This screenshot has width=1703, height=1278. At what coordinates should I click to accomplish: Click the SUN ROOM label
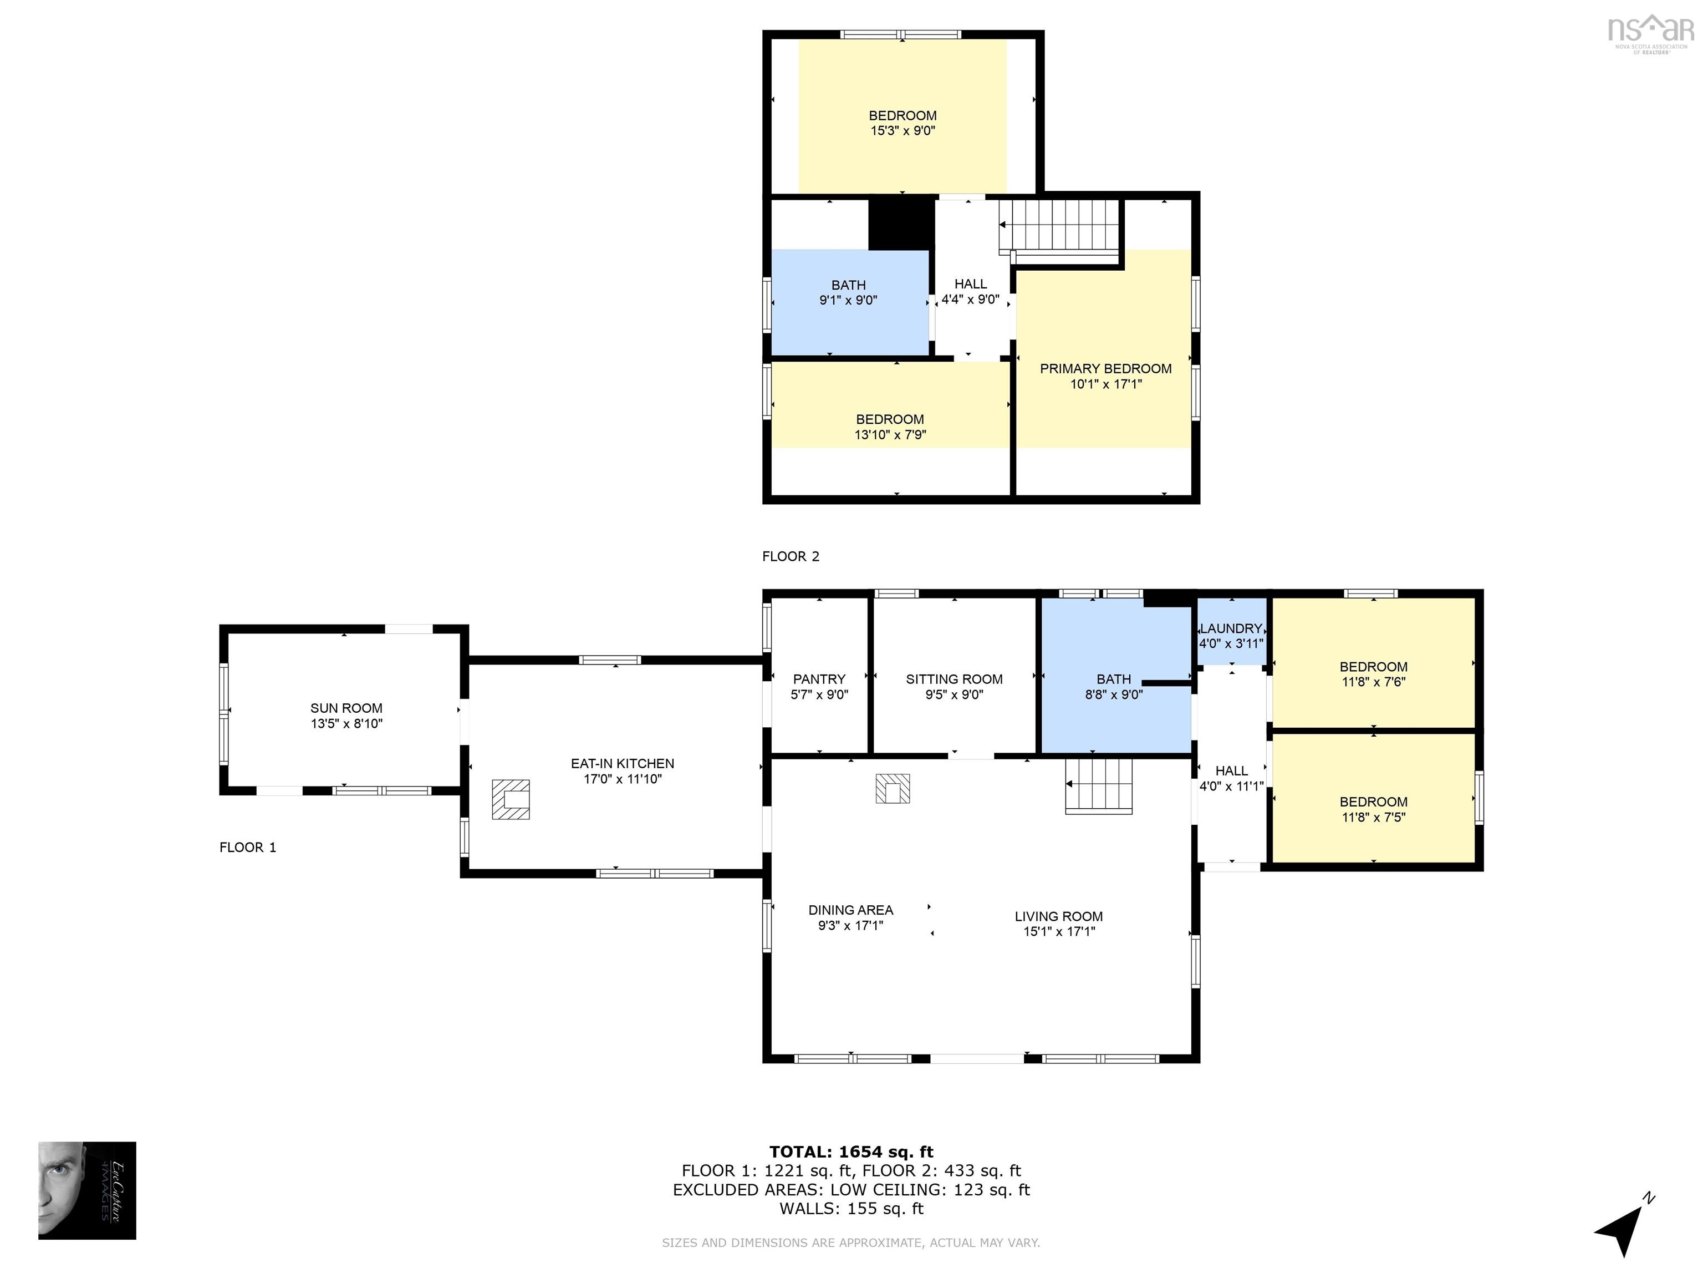click(346, 708)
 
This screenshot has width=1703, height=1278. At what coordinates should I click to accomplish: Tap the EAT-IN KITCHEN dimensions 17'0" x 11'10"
click(622, 779)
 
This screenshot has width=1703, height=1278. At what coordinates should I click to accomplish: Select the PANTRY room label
click(819, 679)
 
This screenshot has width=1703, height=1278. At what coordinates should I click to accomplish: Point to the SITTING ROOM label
click(954, 679)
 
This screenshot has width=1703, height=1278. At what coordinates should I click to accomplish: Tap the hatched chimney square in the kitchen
click(511, 799)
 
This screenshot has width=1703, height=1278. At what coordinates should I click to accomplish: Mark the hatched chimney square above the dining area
click(893, 788)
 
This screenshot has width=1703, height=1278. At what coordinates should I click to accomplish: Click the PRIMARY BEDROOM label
click(1105, 368)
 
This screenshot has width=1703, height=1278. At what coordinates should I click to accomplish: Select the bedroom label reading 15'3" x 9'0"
click(903, 123)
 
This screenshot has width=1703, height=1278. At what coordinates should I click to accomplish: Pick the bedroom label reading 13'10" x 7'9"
click(890, 427)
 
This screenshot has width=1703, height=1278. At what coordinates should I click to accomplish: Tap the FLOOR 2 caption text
click(791, 556)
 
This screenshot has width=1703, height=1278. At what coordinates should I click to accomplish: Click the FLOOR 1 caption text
click(247, 848)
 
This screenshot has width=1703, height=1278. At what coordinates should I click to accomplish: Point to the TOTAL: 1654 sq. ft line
click(851, 1152)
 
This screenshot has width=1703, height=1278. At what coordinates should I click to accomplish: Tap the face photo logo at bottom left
click(87, 1190)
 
